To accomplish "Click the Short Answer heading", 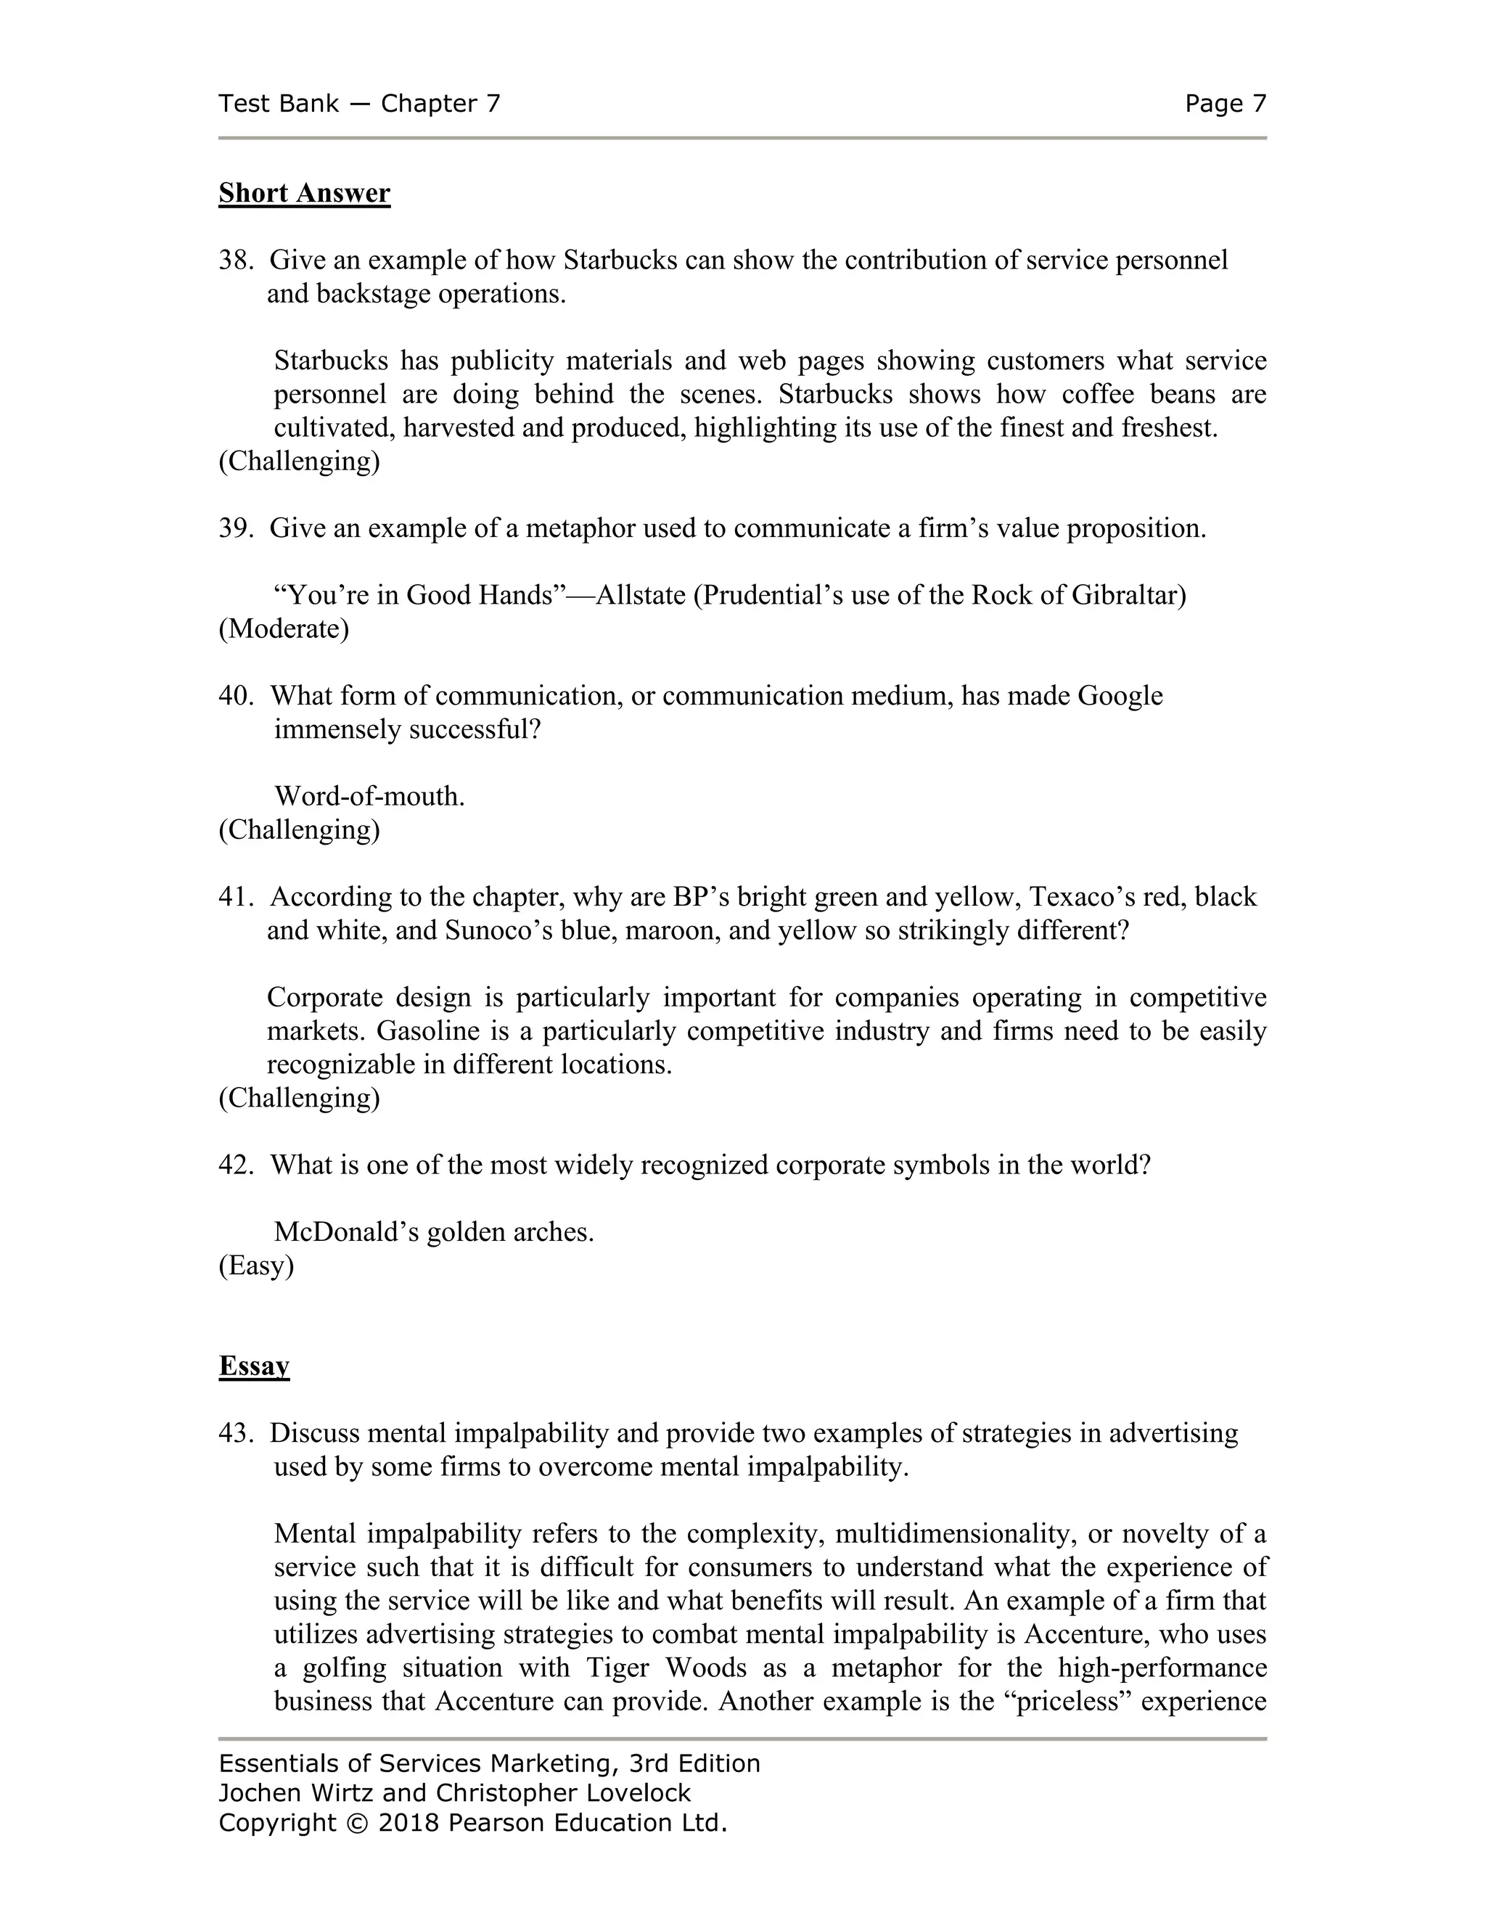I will coord(304,193).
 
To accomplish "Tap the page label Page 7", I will coord(1225,104).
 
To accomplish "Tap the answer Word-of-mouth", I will coord(370,796).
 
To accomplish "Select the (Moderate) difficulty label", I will coord(284,628).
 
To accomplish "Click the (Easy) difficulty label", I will coord(256,1266).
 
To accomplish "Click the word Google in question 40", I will coord(1120,696).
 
